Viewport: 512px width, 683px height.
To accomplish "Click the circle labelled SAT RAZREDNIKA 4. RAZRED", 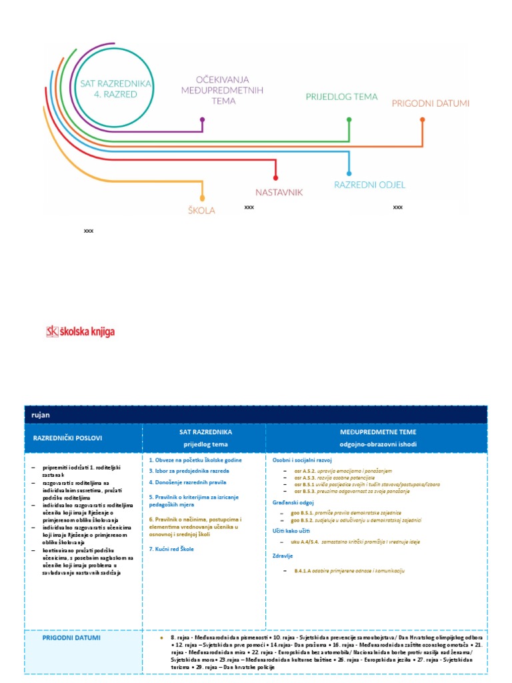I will [115, 89].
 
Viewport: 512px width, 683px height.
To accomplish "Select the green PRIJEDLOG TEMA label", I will [341, 97].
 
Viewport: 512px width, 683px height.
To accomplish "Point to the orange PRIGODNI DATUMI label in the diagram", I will [431, 103].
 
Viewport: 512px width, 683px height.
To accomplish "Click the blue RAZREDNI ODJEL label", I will [369, 185].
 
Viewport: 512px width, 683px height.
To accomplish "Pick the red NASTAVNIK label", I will [279, 192].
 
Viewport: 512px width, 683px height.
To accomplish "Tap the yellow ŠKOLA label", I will [202, 211].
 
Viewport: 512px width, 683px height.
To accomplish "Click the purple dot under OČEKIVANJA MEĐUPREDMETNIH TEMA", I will [202, 120].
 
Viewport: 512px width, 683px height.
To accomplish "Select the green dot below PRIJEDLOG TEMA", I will [348, 120].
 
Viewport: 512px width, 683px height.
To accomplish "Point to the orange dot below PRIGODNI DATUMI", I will [422, 120].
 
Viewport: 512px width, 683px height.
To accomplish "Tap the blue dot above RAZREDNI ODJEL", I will [348, 173].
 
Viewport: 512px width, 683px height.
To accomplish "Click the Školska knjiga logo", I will [75, 331].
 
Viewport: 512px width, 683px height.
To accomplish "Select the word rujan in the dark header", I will [41, 414].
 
